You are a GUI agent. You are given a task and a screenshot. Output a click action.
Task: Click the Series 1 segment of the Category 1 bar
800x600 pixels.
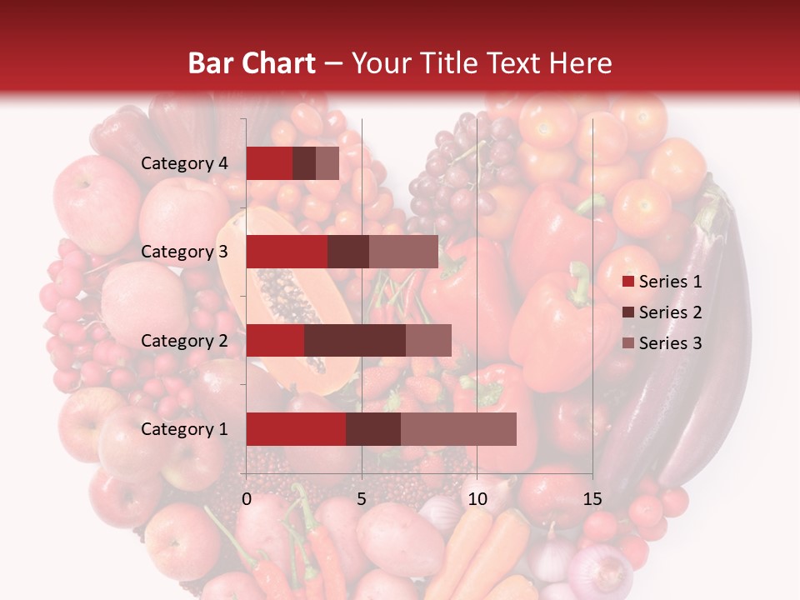296,429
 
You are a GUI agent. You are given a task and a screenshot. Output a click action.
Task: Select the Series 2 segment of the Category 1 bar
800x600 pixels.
373,429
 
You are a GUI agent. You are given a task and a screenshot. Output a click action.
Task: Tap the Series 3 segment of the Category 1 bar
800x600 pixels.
458,429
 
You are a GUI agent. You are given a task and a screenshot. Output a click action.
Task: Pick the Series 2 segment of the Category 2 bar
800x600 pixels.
355,340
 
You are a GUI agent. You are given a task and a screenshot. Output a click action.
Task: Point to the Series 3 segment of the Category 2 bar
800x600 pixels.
428,340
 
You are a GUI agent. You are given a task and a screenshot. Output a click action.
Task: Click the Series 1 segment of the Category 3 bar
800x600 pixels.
287,252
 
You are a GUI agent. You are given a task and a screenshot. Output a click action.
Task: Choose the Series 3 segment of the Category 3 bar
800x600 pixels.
403,252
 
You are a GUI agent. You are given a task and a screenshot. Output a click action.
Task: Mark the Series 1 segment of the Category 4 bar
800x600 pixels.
269,163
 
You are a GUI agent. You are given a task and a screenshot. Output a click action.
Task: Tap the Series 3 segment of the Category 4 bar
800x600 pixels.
327,163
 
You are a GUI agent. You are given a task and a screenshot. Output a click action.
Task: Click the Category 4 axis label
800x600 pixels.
184,163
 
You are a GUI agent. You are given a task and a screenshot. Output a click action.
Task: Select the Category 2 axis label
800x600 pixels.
184,340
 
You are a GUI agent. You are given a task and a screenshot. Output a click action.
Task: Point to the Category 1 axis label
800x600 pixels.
184,429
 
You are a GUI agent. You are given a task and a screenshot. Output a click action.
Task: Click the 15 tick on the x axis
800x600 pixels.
592,499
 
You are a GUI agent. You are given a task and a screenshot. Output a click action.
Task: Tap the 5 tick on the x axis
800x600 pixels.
362,499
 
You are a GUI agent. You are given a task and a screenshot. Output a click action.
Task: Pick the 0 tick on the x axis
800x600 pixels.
247,499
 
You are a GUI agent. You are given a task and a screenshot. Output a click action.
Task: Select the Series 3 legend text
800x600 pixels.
670,343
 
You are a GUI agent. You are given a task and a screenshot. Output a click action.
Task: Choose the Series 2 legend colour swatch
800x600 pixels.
627,313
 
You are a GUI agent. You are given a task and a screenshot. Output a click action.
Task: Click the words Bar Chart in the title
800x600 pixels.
252,63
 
